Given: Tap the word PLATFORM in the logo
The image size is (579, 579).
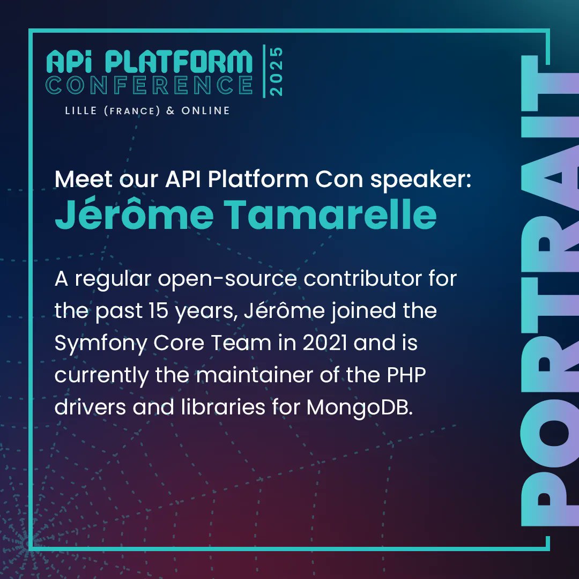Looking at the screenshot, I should [178, 63].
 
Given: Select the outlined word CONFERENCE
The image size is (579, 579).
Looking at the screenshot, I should [149, 85].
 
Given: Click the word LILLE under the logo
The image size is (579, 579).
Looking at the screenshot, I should [81, 111].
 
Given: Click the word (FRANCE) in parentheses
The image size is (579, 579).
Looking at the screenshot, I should [137, 111].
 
